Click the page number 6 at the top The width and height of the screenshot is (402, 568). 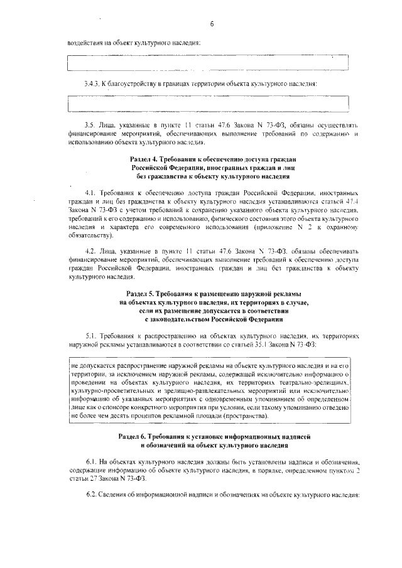coord(212,24)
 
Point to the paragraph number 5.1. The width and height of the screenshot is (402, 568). coord(89,336)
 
